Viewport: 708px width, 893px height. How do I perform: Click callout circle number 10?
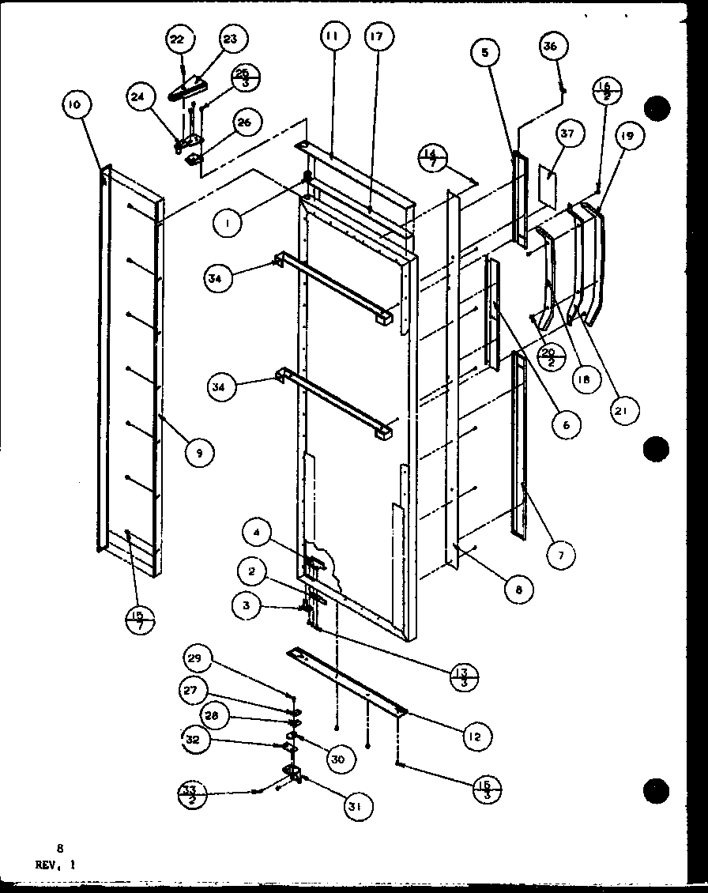[x=79, y=104]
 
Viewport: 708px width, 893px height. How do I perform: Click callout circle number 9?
[x=200, y=452]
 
